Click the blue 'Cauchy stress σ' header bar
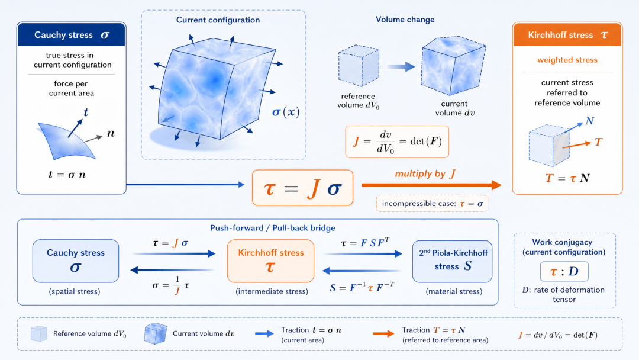click(x=72, y=35)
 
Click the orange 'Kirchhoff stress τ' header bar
click(x=567, y=35)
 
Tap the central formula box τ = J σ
click(x=302, y=188)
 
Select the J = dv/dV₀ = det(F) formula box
click(x=397, y=142)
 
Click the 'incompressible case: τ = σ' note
click(x=432, y=204)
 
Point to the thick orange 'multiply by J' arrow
click(x=431, y=185)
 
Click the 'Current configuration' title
click(x=218, y=20)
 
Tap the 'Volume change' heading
click(x=405, y=19)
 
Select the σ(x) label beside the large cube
click(x=286, y=112)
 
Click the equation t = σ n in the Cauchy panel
click(x=67, y=175)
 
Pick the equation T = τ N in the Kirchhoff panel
click(x=567, y=178)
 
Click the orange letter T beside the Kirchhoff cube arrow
click(x=598, y=142)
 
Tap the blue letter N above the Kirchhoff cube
click(x=590, y=121)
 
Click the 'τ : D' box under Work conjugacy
click(x=564, y=272)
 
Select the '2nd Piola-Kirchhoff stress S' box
click(x=453, y=261)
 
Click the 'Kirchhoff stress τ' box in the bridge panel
click(x=270, y=261)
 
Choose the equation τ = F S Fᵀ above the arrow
click(x=364, y=243)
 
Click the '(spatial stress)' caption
click(x=75, y=291)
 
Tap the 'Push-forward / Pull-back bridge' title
click(x=273, y=228)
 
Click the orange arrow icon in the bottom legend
click(x=383, y=333)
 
